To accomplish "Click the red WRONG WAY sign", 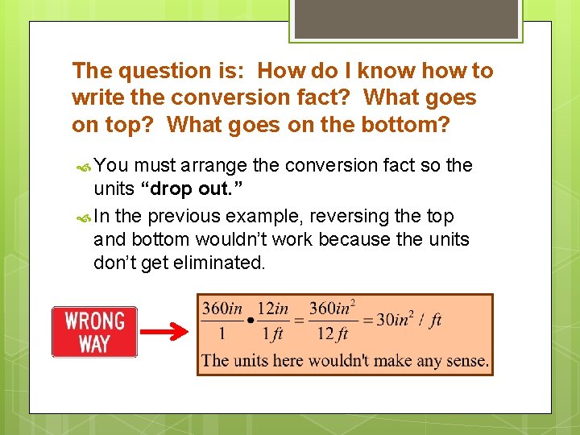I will (94, 332).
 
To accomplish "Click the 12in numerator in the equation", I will (273, 309).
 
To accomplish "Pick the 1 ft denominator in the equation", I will (273, 333).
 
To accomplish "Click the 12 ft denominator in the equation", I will (331, 333).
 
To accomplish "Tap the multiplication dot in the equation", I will (251, 321).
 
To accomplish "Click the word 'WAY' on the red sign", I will (94, 344).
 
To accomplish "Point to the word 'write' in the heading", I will (94, 98).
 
